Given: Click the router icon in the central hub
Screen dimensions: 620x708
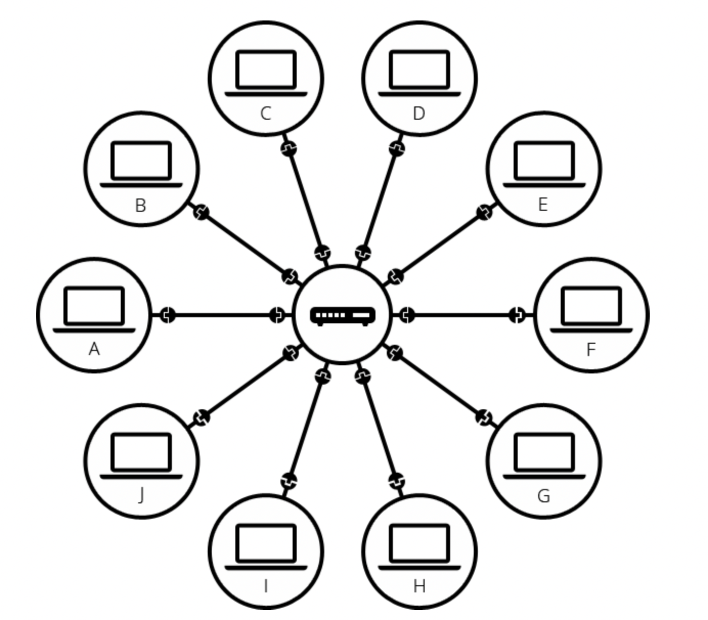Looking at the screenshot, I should pos(343,315).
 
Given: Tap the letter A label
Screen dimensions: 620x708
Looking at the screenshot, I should pos(94,349).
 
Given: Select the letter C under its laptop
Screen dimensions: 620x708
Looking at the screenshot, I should pos(265,113).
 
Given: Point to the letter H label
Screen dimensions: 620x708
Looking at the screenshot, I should pos(419,586).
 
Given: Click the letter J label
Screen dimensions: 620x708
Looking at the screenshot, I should pos(141,495).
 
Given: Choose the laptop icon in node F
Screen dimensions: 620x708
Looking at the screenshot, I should pos(591,310).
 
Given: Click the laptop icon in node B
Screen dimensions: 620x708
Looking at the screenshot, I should pos(141,164).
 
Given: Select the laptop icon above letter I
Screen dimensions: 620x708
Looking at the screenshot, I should pos(266,546).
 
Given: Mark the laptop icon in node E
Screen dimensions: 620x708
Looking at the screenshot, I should pos(544,164).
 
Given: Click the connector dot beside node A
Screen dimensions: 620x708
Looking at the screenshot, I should pos(167,315).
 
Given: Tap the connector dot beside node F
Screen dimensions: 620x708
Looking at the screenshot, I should pos(517,315).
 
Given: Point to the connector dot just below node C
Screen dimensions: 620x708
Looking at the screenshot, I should pos(289,148).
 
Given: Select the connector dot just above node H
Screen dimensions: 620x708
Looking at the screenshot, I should pos(396,481).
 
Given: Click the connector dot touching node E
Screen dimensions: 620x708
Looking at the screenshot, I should pos(484,212).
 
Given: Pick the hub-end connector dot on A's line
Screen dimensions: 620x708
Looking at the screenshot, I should pos(277,315).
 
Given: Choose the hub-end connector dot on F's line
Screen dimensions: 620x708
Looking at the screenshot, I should pos(407,315).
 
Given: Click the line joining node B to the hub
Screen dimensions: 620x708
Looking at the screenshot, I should pos(246,244).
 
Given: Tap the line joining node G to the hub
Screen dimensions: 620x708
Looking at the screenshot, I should pos(439,385).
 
